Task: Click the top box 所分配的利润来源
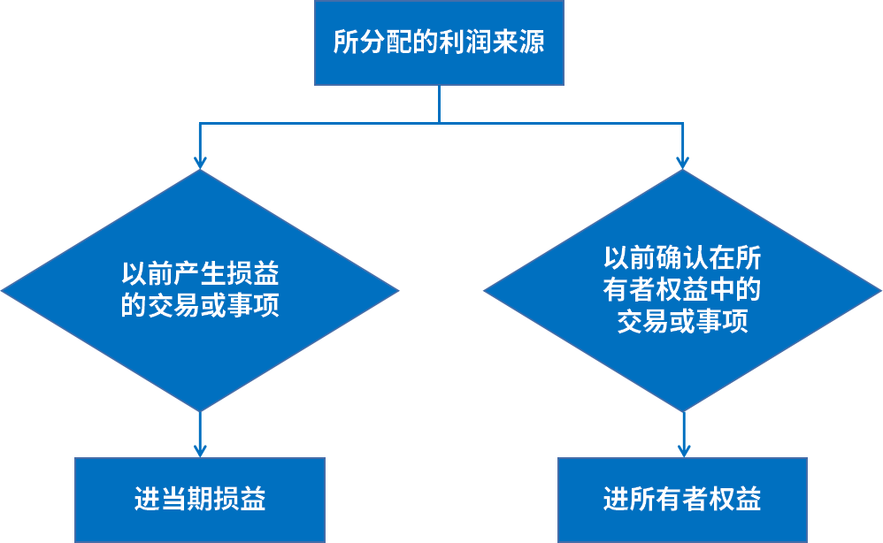pos(439,42)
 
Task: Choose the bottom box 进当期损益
pos(200,500)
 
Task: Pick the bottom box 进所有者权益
pos(682,500)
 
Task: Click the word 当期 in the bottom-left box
pos(187,500)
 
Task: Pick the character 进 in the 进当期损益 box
pos(147,500)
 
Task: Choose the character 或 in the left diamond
pos(212,307)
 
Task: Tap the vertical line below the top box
pos(439,104)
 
